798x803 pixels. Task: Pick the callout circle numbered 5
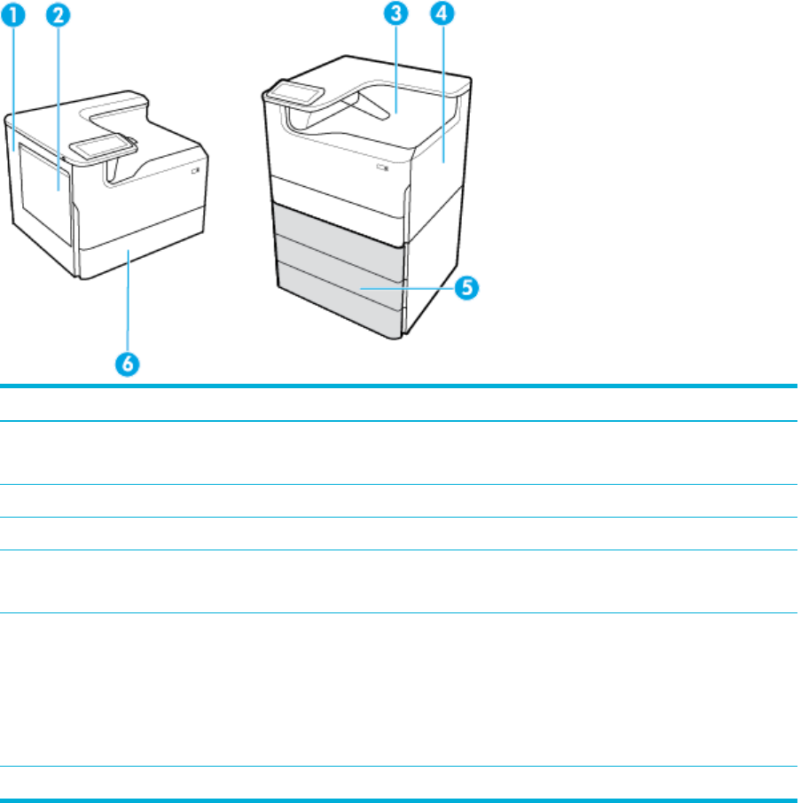(467, 288)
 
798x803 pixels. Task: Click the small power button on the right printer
(383, 166)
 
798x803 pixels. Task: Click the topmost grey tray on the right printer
(337, 228)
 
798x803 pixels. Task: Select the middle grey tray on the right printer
(337, 263)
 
